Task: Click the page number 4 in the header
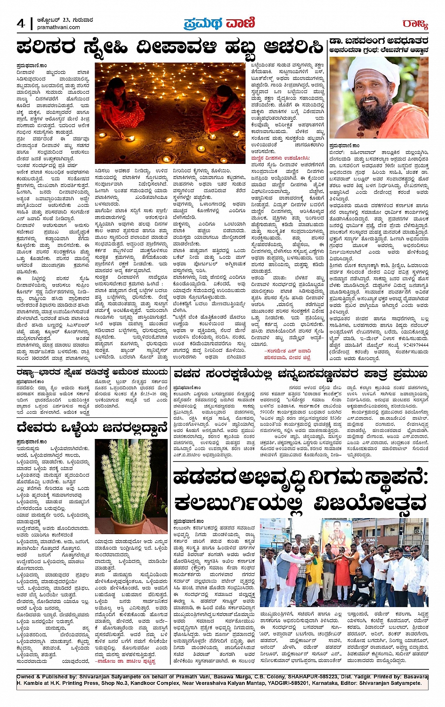[x=21, y=24]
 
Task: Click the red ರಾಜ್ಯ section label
[x=415, y=24]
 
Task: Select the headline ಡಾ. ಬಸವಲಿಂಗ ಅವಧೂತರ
[x=379, y=41]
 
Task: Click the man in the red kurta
[x=342, y=570]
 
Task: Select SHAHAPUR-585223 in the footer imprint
[x=290, y=676]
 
